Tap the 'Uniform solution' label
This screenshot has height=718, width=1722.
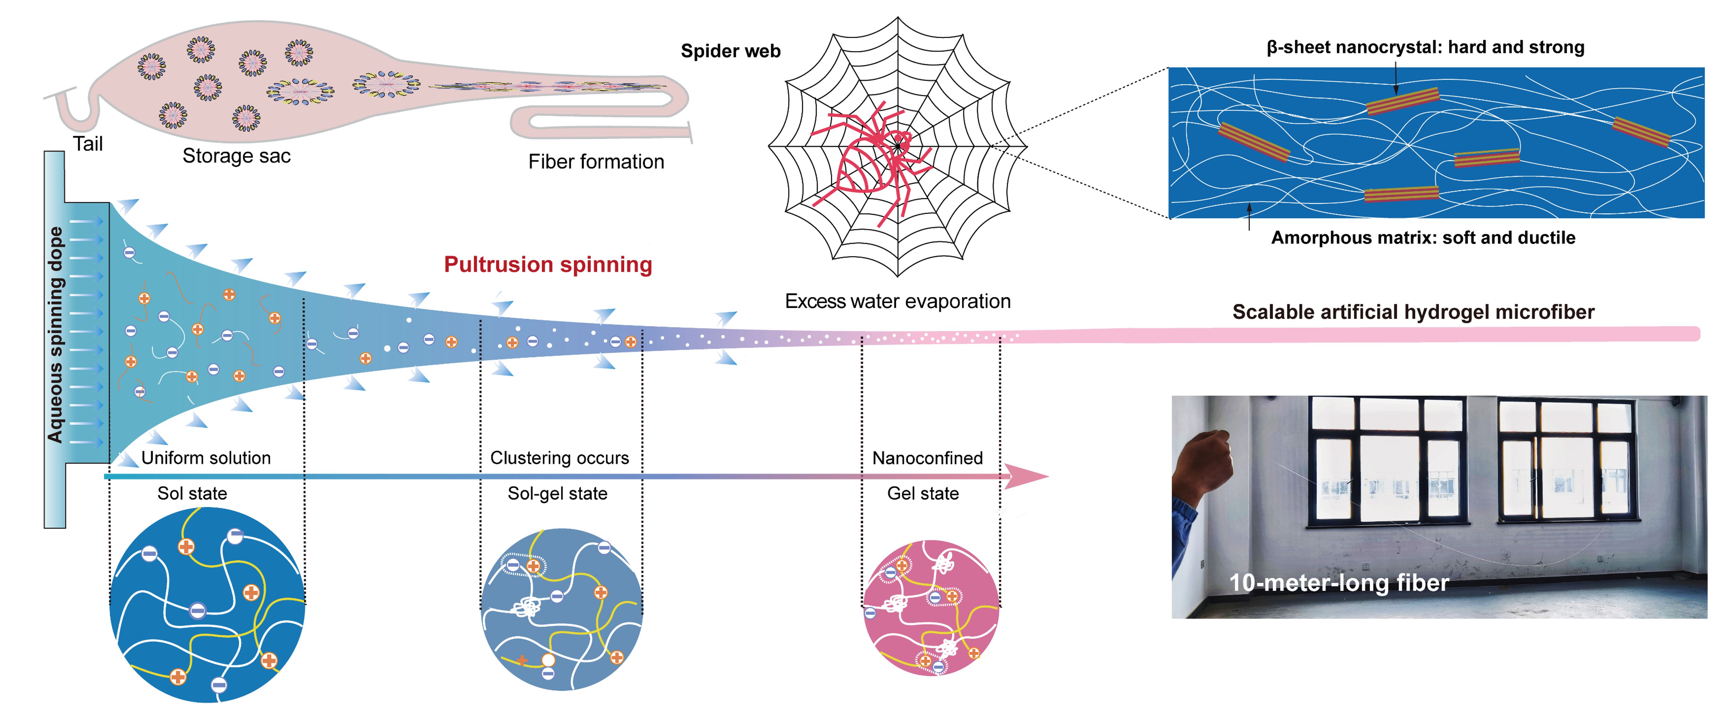point(206,458)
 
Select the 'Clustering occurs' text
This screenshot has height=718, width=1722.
point(560,458)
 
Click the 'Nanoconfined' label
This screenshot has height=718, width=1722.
point(927,458)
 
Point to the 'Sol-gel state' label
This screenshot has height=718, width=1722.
point(557,493)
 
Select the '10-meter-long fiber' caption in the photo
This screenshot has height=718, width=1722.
point(1339,583)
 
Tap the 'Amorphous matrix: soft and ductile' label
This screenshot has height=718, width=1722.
point(1423,238)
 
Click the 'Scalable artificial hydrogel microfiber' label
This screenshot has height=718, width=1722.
point(1413,312)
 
